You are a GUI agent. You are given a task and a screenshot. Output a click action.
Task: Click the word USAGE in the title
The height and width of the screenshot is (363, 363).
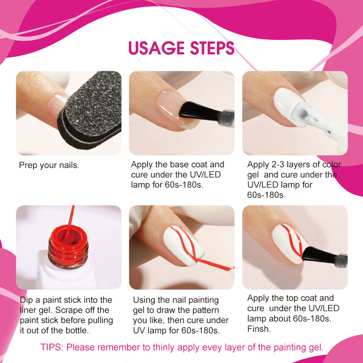(157, 48)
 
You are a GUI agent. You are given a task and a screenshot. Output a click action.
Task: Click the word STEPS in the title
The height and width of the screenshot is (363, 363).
(212, 48)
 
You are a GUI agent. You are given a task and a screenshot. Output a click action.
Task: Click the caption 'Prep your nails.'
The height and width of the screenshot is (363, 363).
(49, 165)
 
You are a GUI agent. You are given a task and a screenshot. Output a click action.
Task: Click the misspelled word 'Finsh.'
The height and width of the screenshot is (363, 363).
(259, 329)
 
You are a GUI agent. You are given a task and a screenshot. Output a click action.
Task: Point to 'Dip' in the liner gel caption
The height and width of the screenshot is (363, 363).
(26, 300)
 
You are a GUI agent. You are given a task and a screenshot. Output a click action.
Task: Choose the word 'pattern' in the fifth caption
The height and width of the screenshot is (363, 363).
(204, 310)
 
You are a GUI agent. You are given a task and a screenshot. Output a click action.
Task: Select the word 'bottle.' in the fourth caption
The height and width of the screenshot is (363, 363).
(77, 330)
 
